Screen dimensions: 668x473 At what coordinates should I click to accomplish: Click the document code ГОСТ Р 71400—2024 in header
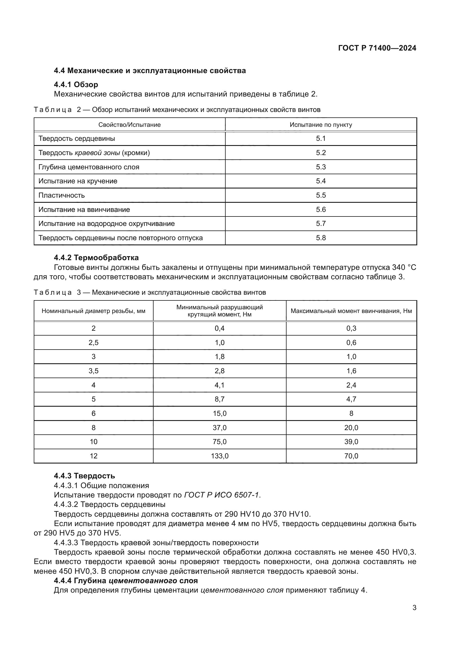[377, 48]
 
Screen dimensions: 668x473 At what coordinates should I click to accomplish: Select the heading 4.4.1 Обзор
[76, 85]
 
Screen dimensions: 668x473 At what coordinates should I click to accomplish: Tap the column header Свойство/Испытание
[129, 125]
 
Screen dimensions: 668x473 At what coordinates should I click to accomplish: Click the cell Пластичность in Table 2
[61, 195]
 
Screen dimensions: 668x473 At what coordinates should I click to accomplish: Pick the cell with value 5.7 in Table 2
[321, 224]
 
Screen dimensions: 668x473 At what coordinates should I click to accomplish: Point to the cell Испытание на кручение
[78, 181]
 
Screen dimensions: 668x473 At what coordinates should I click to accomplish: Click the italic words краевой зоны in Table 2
[97, 153]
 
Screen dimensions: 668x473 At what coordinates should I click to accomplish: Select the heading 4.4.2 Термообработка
[96, 258]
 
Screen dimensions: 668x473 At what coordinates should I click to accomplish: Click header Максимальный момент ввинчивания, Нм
[351, 311]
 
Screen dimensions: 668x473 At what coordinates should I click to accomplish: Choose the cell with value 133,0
[220, 456]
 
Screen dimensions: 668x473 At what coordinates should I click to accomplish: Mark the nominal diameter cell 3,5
[94, 371]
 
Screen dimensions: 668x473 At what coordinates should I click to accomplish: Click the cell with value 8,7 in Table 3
[220, 399]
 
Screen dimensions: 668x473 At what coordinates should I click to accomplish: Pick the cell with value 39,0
[351, 442]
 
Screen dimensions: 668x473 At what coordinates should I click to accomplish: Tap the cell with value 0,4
[220, 328]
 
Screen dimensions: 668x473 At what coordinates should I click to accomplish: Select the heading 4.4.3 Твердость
[84, 476]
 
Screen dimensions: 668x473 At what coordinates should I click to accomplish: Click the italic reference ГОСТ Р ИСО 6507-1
[221, 495]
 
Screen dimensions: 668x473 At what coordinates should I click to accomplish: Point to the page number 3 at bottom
[414, 608]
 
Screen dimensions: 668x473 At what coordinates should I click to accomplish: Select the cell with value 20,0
[351, 428]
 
